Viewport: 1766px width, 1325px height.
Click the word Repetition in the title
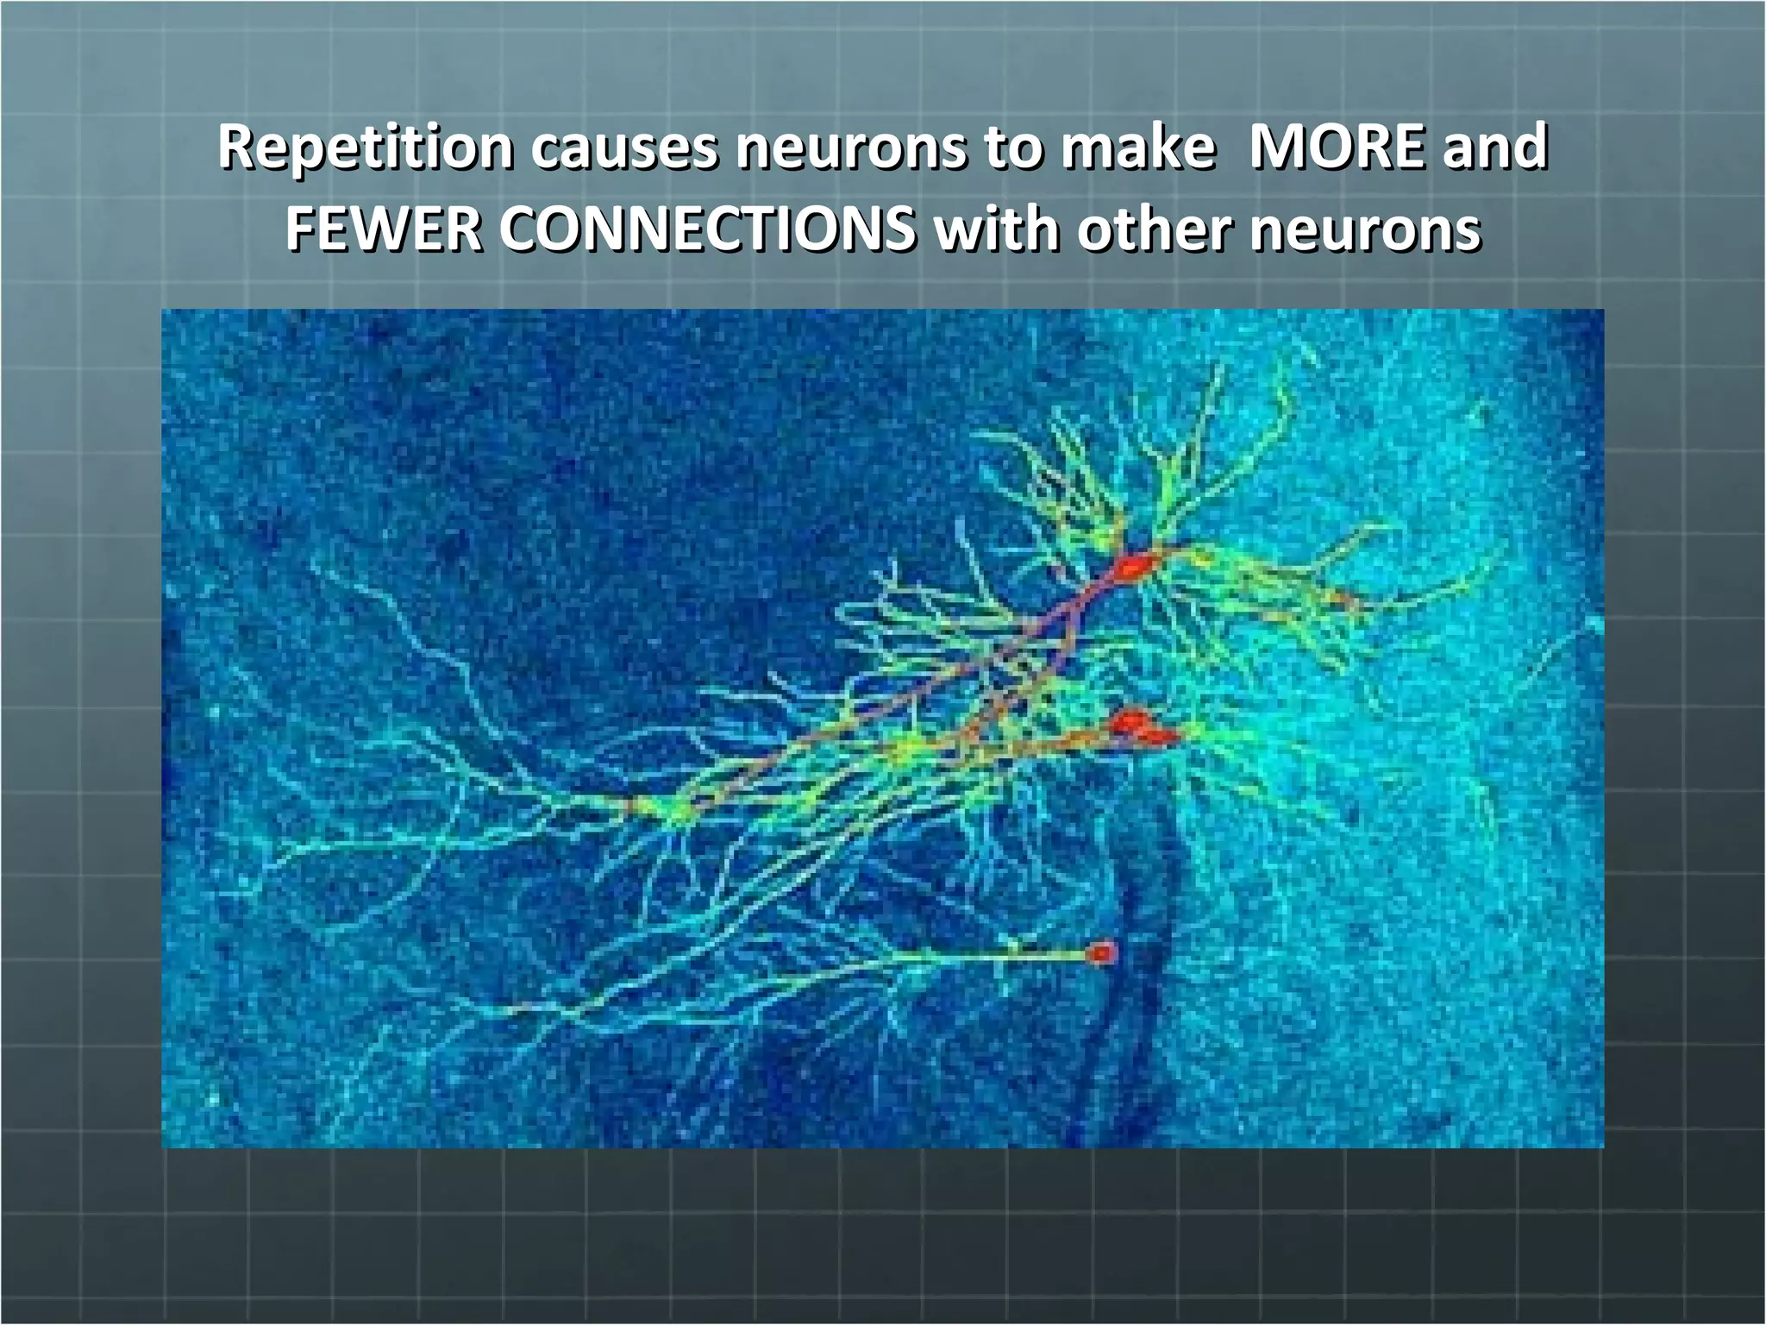coord(366,148)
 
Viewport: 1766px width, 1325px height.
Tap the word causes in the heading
coord(623,148)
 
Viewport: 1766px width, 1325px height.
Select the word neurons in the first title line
coord(851,148)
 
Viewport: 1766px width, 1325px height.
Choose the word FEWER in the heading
coord(384,230)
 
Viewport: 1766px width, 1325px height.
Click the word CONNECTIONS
coord(707,230)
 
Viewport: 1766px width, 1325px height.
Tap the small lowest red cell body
coord(1101,953)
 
